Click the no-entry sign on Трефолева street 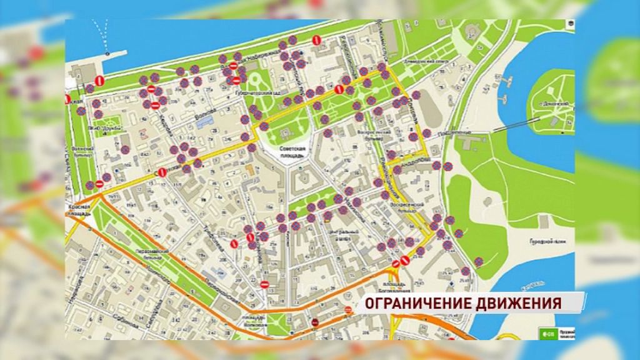coord(264,284)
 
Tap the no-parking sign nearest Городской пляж coord(478,262)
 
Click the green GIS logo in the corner coord(546,332)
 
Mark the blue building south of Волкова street coord(204,123)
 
